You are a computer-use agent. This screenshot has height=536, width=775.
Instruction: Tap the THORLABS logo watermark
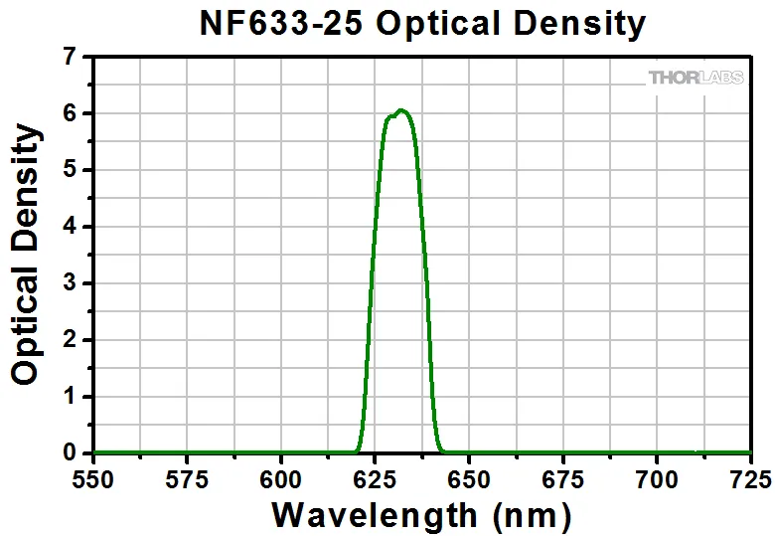coord(696,77)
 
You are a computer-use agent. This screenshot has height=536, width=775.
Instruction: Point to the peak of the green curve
coord(400,109)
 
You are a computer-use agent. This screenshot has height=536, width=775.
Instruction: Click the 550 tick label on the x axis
coord(94,480)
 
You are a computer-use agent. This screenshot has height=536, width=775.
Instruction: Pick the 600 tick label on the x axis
coord(281,480)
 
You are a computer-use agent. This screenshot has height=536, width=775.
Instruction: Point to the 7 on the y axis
coord(69,58)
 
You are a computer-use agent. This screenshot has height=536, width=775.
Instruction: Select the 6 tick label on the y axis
coord(69,114)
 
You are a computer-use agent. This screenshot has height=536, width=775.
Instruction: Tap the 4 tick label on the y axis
coord(69,227)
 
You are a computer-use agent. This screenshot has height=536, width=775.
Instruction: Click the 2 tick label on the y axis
coord(69,340)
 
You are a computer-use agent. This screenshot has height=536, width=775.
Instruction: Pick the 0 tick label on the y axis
coord(69,453)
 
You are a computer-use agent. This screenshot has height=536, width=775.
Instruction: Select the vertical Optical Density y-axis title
coord(27,254)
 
